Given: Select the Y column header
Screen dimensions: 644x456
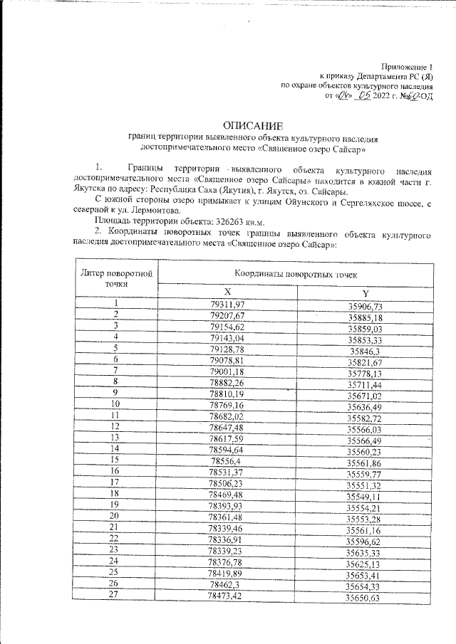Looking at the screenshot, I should [x=364, y=295].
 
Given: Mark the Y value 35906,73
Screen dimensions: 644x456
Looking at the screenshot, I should [x=364, y=307].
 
